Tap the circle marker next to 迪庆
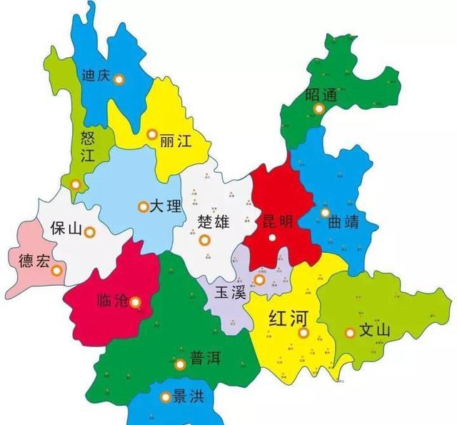click(119, 79)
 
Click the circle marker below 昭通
click(319, 109)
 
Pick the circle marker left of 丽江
click(151, 134)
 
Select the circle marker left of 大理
click(143, 207)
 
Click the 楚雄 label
click(213, 221)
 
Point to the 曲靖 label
click(348, 221)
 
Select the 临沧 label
click(112, 301)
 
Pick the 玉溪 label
click(231, 291)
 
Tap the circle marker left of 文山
click(350, 332)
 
